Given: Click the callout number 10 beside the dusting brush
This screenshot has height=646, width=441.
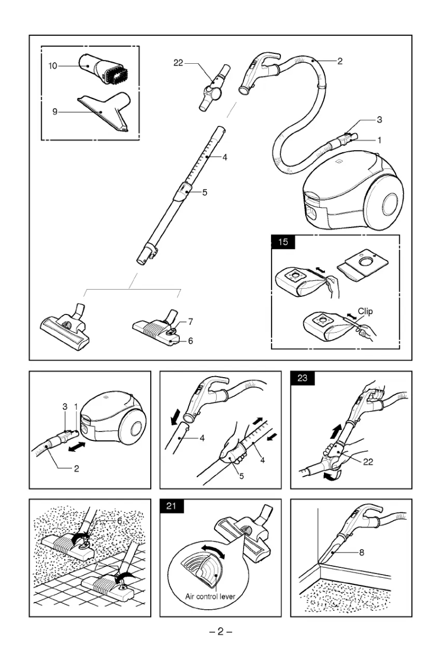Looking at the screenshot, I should click(52, 66).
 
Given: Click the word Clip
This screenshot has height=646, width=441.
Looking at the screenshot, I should click(365, 311).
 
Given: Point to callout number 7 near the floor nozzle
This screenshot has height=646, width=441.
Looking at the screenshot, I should click(190, 321).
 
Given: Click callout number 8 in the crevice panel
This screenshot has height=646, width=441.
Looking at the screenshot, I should click(361, 553).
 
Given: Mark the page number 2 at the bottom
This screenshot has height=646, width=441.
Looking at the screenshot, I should click(220, 631).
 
